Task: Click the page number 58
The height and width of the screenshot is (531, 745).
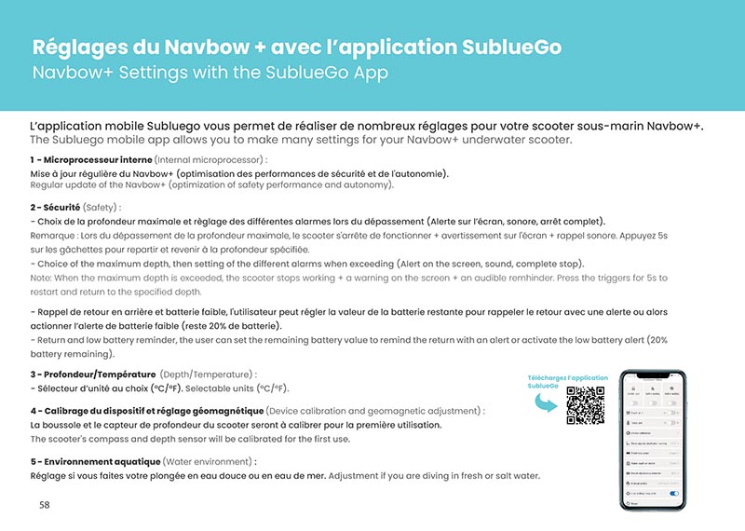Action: [x=45, y=505]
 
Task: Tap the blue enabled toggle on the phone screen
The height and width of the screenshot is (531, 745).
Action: [x=674, y=494]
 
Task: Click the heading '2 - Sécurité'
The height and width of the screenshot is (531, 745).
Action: [x=54, y=207]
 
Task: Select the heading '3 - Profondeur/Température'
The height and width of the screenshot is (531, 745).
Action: [x=92, y=374]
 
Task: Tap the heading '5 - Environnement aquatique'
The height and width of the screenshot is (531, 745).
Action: [x=95, y=461]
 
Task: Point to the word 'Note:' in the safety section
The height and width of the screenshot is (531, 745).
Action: [x=42, y=279]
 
